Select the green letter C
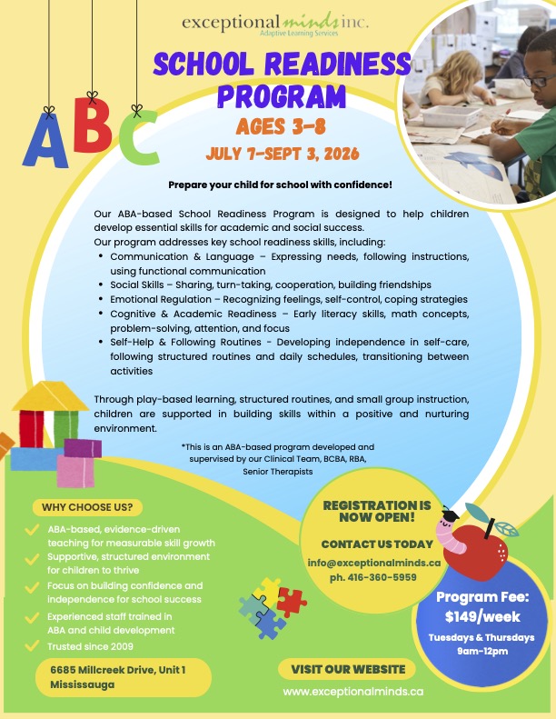click(138, 145)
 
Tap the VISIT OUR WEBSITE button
click(346, 670)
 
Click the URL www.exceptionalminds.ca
click(352, 693)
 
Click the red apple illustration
click(481, 554)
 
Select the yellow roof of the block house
click(55, 396)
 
